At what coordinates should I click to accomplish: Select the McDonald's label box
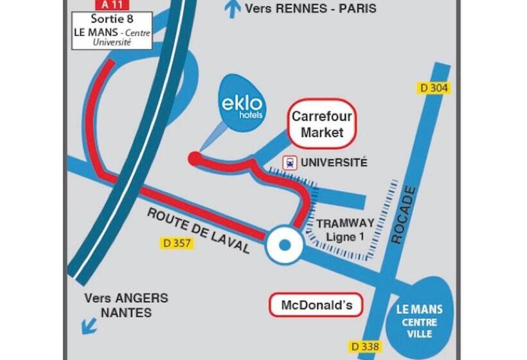316,305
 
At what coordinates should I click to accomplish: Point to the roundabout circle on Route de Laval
283,244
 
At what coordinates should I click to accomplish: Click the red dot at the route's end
193,158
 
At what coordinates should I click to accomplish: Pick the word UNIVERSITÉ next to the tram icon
334,163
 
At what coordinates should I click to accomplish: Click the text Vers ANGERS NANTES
126,306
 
